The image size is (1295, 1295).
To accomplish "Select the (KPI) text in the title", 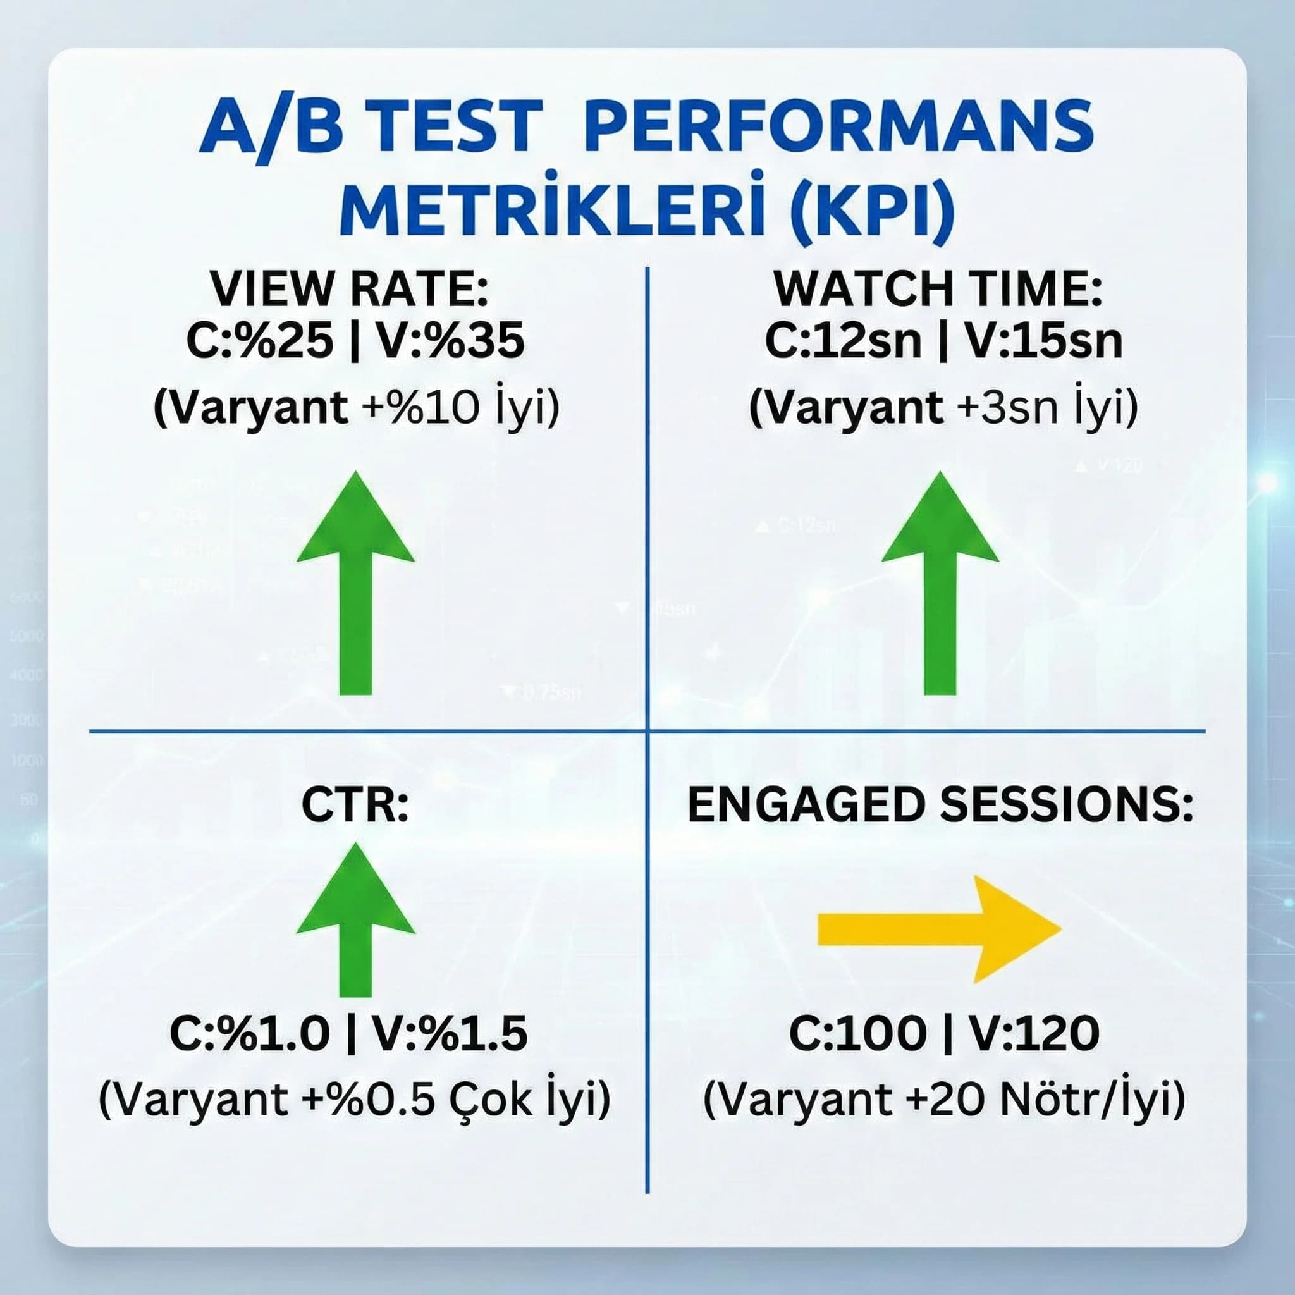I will pyautogui.click(x=872, y=205).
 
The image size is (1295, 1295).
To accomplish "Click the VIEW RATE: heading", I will pyautogui.click(x=349, y=290).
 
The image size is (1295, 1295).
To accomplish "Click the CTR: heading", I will pyautogui.click(x=355, y=806).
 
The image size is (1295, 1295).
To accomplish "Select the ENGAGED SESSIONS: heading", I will pyautogui.click(x=940, y=806).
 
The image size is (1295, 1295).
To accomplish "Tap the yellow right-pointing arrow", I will pyautogui.click(x=938, y=928).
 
